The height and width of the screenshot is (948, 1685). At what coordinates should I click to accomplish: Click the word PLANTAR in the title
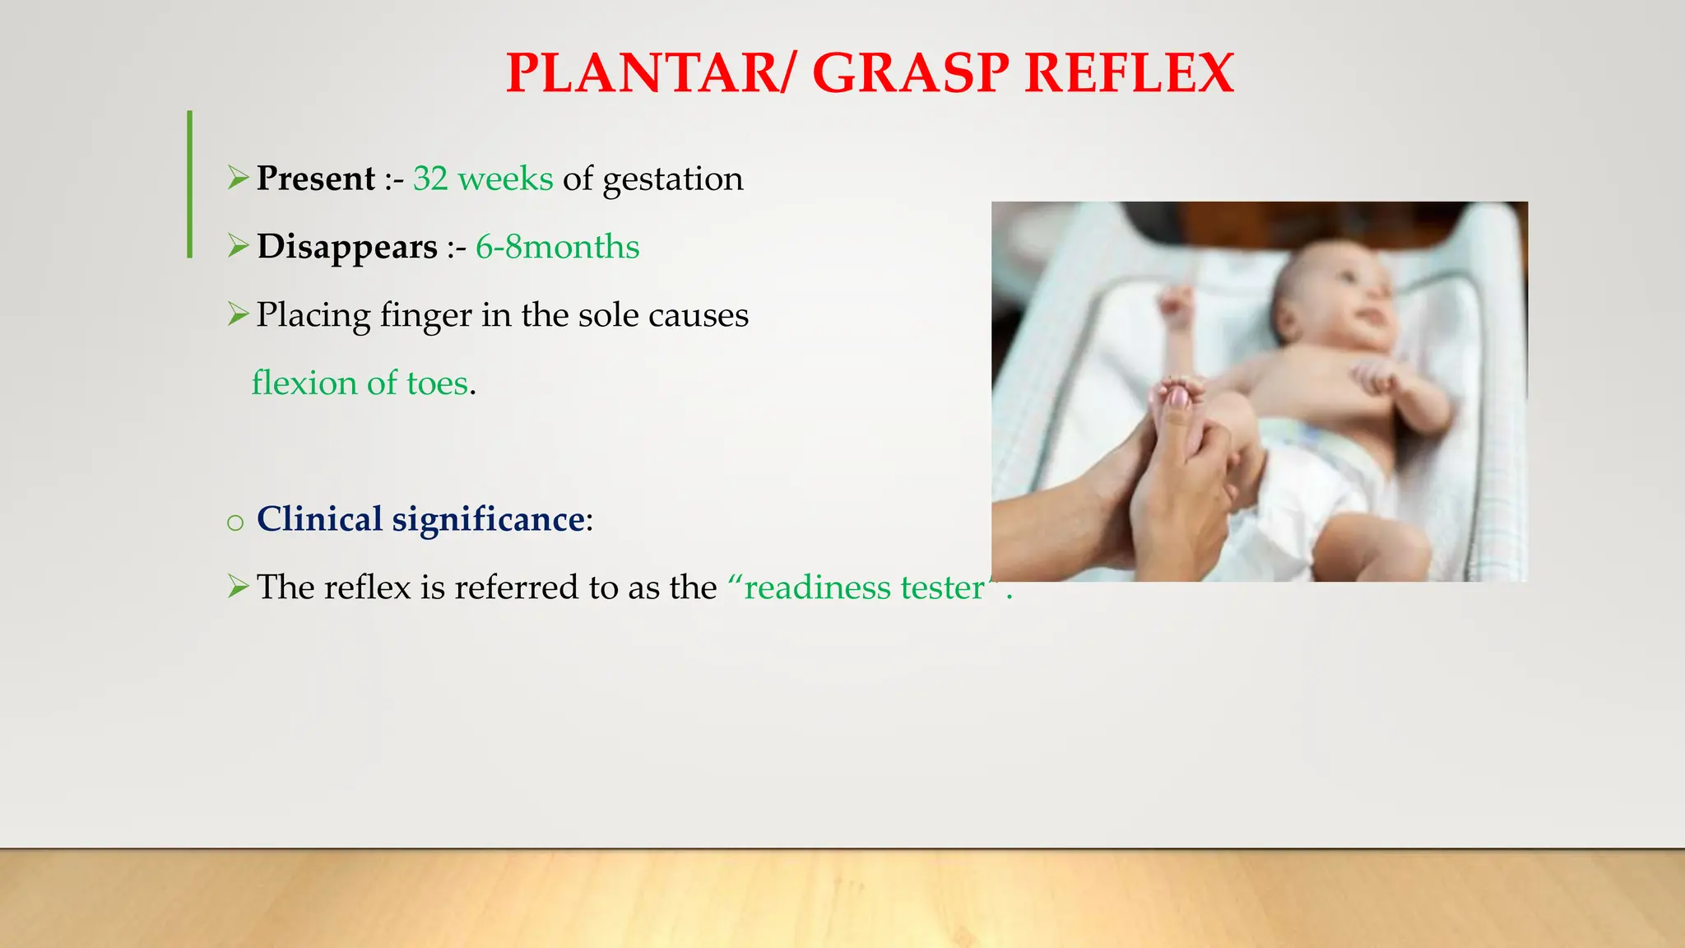pyautogui.click(x=639, y=73)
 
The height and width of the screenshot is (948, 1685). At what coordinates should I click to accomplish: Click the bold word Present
pyautogui.click(x=315, y=179)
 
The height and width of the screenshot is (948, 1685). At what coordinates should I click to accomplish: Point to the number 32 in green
pyautogui.click(x=430, y=179)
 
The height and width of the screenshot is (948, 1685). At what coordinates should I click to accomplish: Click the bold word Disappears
pyautogui.click(x=346, y=247)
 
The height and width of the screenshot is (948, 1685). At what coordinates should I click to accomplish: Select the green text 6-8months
pyautogui.click(x=557, y=247)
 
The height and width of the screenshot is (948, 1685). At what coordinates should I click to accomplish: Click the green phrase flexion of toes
pyautogui.click(x=360, y=383)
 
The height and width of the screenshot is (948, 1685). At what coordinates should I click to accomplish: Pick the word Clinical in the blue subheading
pyautogui.click(x=319, y=519)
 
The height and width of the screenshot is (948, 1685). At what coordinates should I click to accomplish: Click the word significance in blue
pyautogui.click(x=488, y=520)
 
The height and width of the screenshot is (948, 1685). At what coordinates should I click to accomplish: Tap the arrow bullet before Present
pyautogui.click(x=238, y=178)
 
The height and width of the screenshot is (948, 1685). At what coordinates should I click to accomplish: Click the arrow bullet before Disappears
pyautogui.click(x=238, y=246)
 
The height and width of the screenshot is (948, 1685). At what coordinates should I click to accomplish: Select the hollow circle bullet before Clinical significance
pyautogui.click(x=235, y=523)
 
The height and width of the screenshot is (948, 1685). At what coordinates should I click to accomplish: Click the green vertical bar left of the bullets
pyautogui.click(x=190, y=184)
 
